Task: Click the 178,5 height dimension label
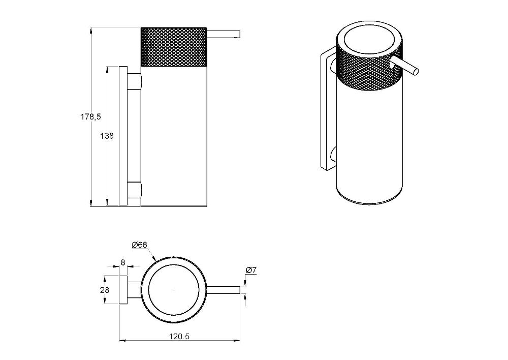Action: (91, 117)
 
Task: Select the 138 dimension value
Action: (107, 136)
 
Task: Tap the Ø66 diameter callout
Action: (140, 245)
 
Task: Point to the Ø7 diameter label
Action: (251, 269)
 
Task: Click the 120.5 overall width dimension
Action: (179, 336)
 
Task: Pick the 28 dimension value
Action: (105, 290)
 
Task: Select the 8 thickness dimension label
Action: (123, 262)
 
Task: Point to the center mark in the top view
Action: (174, 290)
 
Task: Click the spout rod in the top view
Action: (224, 290)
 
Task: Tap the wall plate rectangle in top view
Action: (123, 290)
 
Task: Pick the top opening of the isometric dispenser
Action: (369, 41)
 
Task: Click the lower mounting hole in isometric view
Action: (334, 155)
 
